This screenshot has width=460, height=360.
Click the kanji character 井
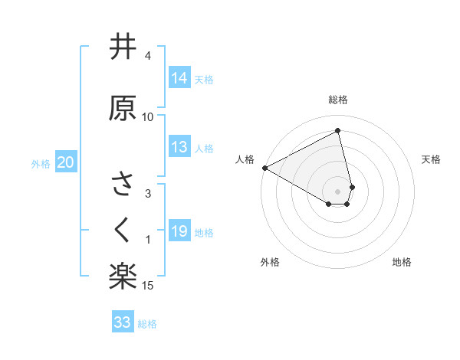[x=123, y=48]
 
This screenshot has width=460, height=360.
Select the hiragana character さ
[x=123, y=185]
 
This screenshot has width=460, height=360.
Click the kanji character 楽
[x=123, y=275]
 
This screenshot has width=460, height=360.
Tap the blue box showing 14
[x=179, y=78]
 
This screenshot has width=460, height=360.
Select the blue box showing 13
[x=179, y=148]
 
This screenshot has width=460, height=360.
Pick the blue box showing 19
[x=179, y=231]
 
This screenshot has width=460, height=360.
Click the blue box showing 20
[x=66, y=162]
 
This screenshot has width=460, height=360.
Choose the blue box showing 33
[x=123, y=322]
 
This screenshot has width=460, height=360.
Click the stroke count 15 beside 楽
[x=148, y=286]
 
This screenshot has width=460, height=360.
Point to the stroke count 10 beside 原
[x=148, y=117]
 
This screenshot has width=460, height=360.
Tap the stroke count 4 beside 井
[x=148, y=56]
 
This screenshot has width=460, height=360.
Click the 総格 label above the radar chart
[x=338, y=100]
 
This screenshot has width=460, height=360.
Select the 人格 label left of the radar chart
[x=245, y=159]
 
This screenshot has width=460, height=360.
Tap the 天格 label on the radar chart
[x=432, y=159]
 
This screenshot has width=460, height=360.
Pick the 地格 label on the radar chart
[x=402, y=262]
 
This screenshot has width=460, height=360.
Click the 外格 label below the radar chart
[x=270, y=262]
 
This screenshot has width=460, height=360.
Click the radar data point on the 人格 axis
[x=264, y=167]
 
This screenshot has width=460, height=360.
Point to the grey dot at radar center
[x=338, y=191]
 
